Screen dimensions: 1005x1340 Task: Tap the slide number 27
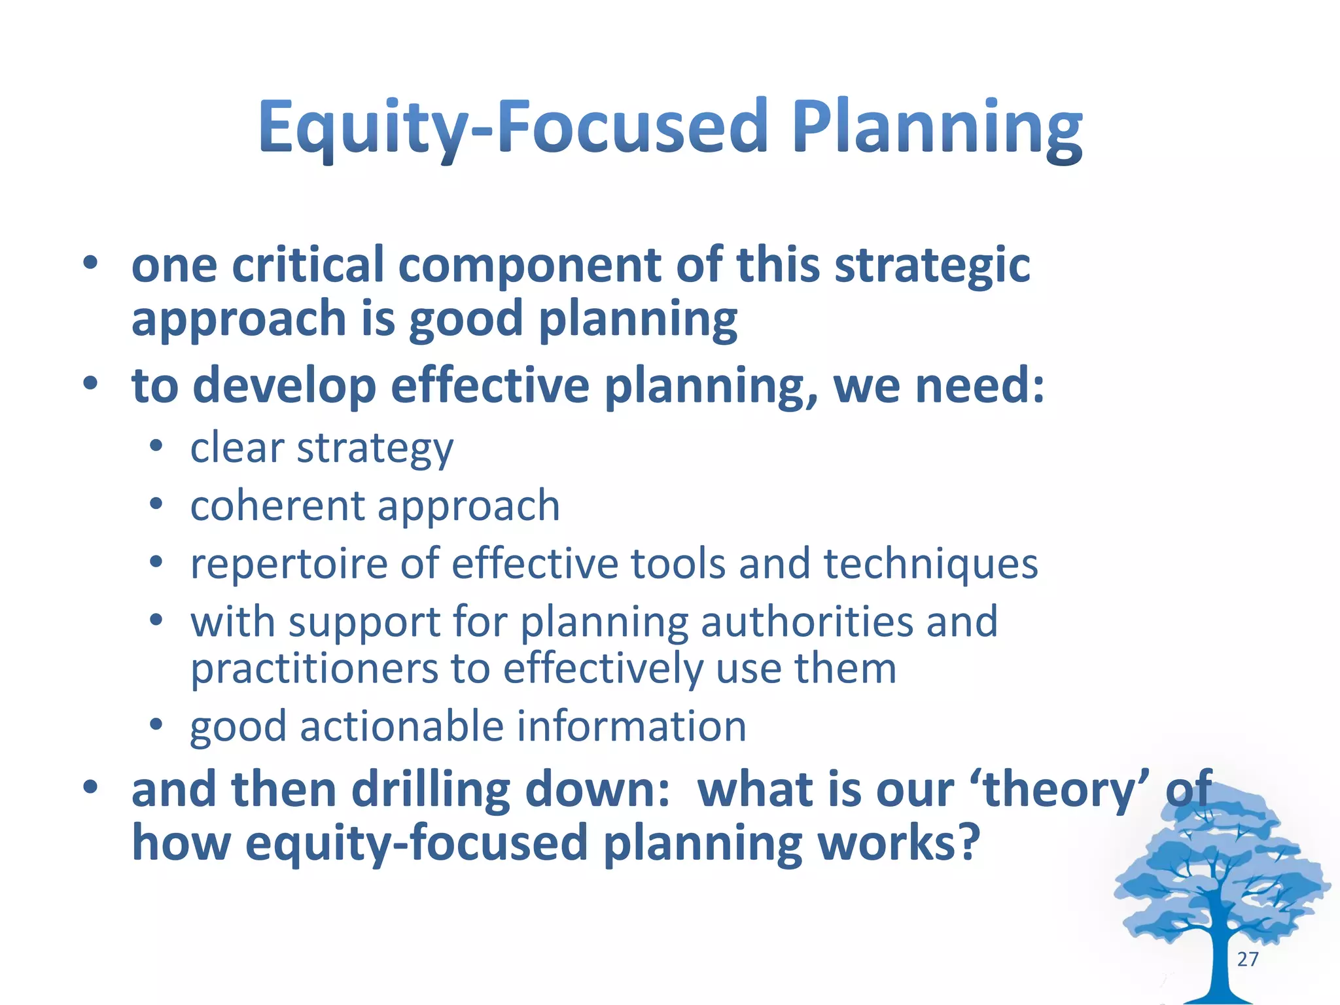click(1248, 959)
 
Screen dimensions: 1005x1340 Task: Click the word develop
click(285, 386)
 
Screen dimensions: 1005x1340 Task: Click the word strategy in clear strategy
click(374, 450)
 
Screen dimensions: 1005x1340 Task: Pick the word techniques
click(930, 564)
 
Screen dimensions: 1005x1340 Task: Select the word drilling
click(431, 790)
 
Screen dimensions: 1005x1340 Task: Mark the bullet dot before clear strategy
click(156, 448)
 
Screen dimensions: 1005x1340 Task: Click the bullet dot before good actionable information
click(156, 725)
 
